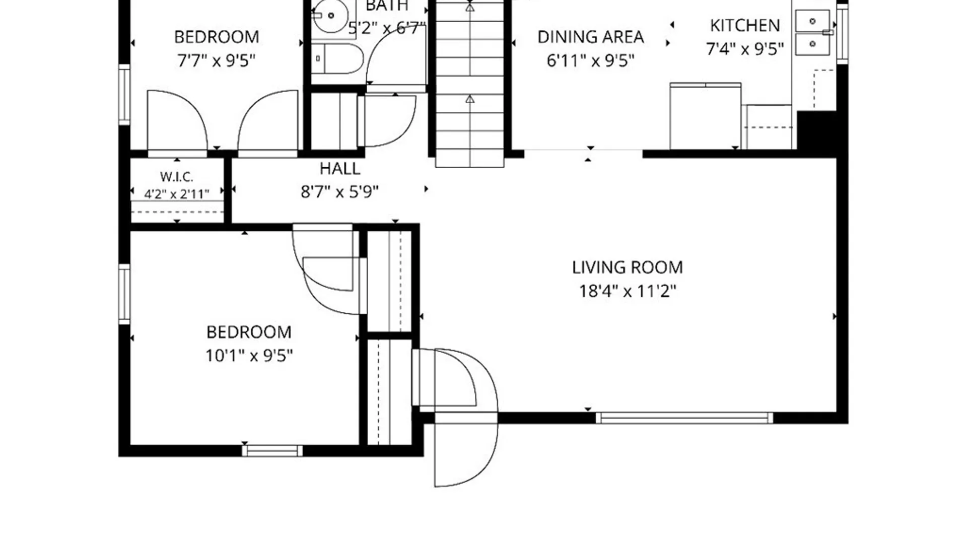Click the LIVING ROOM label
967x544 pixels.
point(627,267)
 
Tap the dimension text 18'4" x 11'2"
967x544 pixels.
point(627,291)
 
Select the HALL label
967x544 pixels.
point(340,168)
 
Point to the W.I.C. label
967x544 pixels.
point(177,177)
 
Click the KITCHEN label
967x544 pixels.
point(745,25)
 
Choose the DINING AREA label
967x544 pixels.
point(590,37)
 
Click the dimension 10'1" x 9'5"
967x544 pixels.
point(249,356)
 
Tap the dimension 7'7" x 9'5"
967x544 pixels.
point(216,60)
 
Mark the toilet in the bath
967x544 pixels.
point(336,58)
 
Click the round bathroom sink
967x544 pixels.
point(330,16)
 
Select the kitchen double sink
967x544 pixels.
point(812,33)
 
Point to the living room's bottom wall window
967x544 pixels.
point(684,418)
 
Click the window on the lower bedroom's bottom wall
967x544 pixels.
point(272,451)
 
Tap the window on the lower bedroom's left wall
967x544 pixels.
point(124,294)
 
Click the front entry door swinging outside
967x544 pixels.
point(466,450)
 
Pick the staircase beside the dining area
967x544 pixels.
point(469,83)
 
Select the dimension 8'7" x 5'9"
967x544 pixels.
point(339,192)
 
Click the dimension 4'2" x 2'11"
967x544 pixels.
point(176,194)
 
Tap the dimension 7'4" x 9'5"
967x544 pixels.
point(745,49)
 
